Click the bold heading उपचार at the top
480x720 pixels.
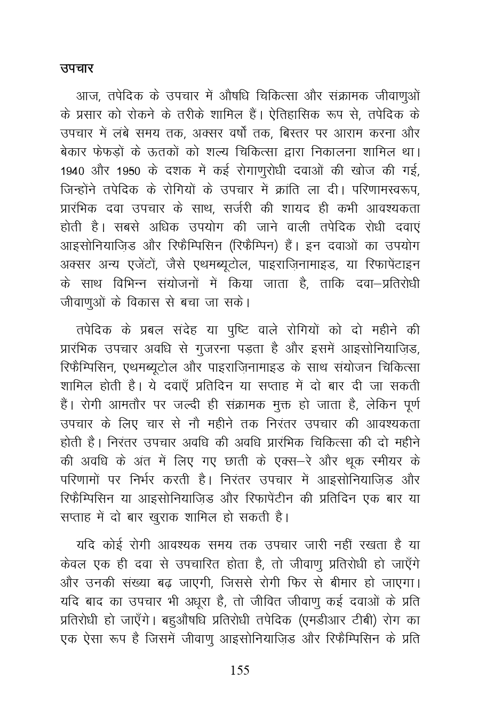coord(77,69)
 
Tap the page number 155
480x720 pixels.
coord(239,670)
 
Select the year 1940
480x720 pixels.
coord(73,172)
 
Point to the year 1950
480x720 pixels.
coord(130,172)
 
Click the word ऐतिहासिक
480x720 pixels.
coord(289,115)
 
